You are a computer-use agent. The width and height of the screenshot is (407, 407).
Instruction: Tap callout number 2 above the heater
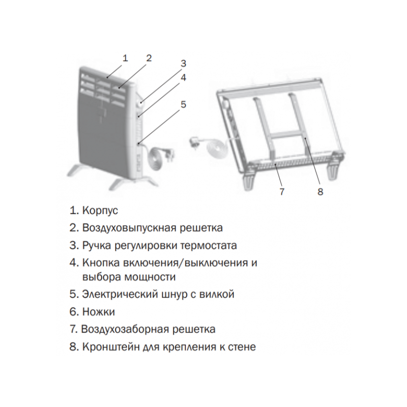point(149,57)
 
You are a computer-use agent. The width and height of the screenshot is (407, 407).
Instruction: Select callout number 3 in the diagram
point(183,64)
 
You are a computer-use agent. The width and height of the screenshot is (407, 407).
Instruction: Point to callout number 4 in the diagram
point(183,78)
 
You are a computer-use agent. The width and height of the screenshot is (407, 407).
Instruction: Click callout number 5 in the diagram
point(183,104)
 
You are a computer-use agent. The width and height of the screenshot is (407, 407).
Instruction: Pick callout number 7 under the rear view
point(282,192)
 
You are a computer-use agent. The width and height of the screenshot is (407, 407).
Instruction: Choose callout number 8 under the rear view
point(320,192)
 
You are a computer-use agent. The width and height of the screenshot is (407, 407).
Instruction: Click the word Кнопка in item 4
point(100,263)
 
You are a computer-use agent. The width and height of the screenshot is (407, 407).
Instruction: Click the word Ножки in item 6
point(99,311)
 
